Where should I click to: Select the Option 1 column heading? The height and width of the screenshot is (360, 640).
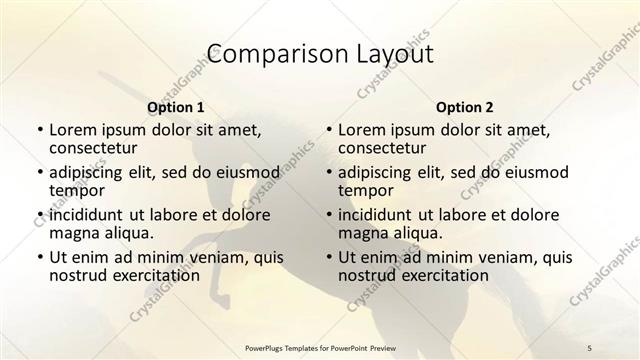pos(175,106)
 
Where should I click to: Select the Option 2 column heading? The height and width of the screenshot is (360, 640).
pos(464,106)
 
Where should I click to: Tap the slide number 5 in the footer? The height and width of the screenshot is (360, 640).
pos(590,347)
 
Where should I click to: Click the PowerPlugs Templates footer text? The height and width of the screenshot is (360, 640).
pos(319,347)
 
